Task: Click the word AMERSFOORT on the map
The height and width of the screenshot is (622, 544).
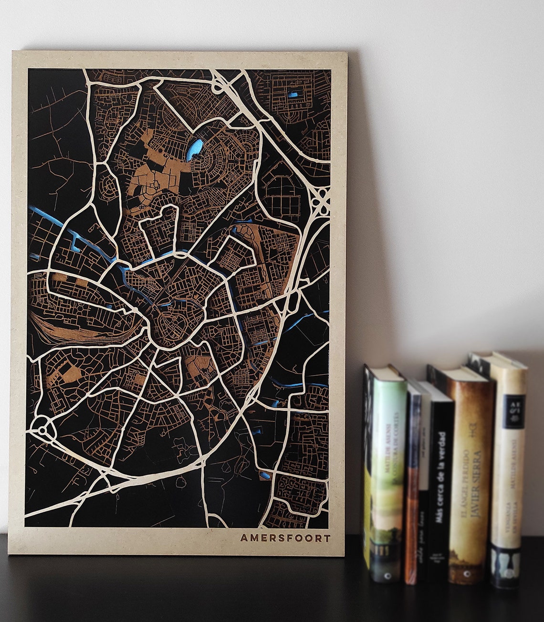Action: [284, 538]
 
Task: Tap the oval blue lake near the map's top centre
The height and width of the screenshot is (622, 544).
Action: [195, 150]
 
